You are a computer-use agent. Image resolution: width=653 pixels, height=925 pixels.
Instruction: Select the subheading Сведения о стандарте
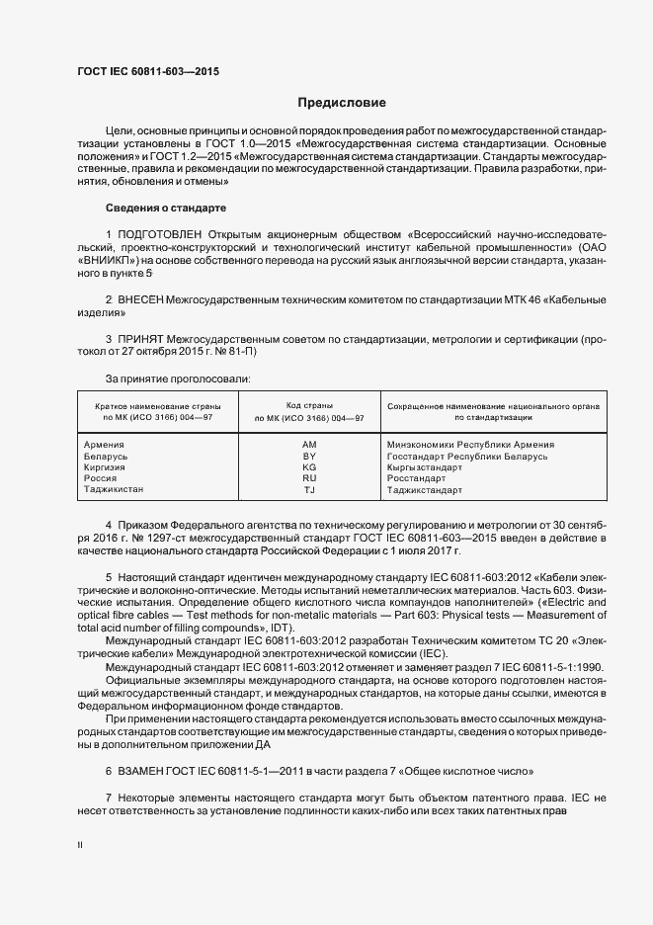point(166,209)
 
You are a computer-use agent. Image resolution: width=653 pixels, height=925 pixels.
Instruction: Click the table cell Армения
point(106,445)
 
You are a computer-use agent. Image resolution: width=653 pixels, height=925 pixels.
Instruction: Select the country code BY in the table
point(309,457)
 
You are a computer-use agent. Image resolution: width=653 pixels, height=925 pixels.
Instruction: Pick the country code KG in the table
point(309,467)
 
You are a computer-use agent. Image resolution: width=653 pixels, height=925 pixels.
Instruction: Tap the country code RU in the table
point(309,478)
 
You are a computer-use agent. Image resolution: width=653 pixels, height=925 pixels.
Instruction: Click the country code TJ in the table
point(309,489)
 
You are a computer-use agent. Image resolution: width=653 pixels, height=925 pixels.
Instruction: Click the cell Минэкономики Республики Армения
point(470,445)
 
